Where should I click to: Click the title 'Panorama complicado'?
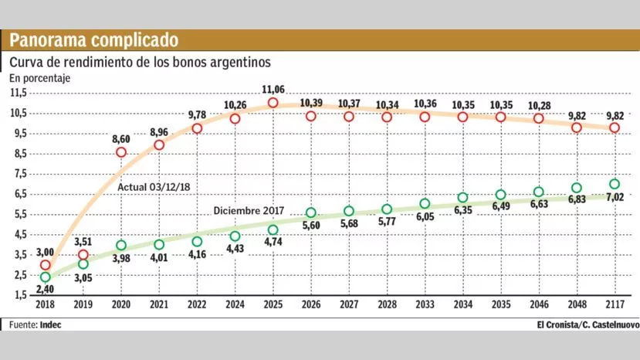(93, 40)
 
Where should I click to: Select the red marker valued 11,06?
(273, 103)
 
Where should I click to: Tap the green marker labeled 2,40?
(45, 277)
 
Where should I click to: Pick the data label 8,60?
(121, 138)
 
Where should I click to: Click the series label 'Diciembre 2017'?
(249, 210)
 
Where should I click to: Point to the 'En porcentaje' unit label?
(39, 78)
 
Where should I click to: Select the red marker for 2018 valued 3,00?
(45, 265)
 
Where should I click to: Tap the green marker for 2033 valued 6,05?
(425, 204)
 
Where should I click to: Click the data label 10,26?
(235, 104)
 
